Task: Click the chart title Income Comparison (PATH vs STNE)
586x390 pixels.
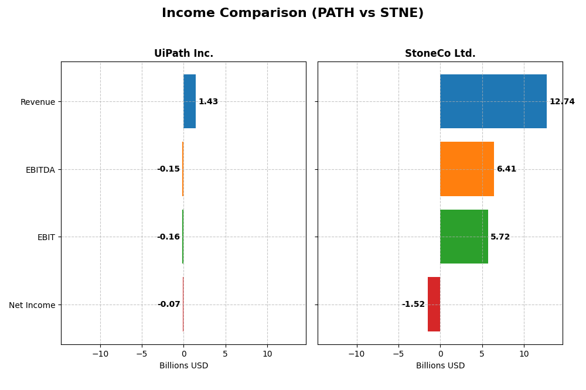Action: pyautogui.click(x=292, y=13)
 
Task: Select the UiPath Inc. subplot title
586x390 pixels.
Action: pyautogui.click(x=183, y=53)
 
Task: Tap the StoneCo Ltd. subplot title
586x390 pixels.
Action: pyautogui.click(x=440, y=53)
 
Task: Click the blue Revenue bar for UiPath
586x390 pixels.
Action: pyautogui.click(x=189, y=101)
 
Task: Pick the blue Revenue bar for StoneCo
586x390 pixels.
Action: pyautogui.click(x=493, y=101)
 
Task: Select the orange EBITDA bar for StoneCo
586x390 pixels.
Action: pyautogui.click(x=466, y=169)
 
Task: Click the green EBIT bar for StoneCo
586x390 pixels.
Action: pyautogui.click(x=464, y=237)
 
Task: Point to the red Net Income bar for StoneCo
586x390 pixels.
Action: pyautogui.click(x=434, y=304)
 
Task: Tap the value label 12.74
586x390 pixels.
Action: pyautogui.click(x=562, y=101)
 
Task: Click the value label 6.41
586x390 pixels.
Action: pyautogui.click(x=506, y=169)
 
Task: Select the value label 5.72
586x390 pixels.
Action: pyautogui.click(x=500, y=237)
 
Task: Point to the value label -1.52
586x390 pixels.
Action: pyautogui.click(x=413, y=305)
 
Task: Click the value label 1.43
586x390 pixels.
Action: pyautogui.click(x=208, y=102)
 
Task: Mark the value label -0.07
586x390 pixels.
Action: pyautogui.click(x=169, y=305)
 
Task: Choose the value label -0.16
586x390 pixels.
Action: pyautogui.click(x=168, y=237)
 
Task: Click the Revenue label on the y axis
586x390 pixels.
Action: pyautogui.click(x=38, y=102)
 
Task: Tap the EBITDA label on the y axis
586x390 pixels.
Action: pyautogui.click(x=40, y=170)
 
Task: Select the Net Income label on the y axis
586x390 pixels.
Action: pyautogui.click(x=32, y=305)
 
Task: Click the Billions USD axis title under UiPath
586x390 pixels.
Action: pyautogui.click(x=183, y=366)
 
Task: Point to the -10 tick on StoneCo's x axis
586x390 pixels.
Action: pyautogui.click(x=356, y=354)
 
